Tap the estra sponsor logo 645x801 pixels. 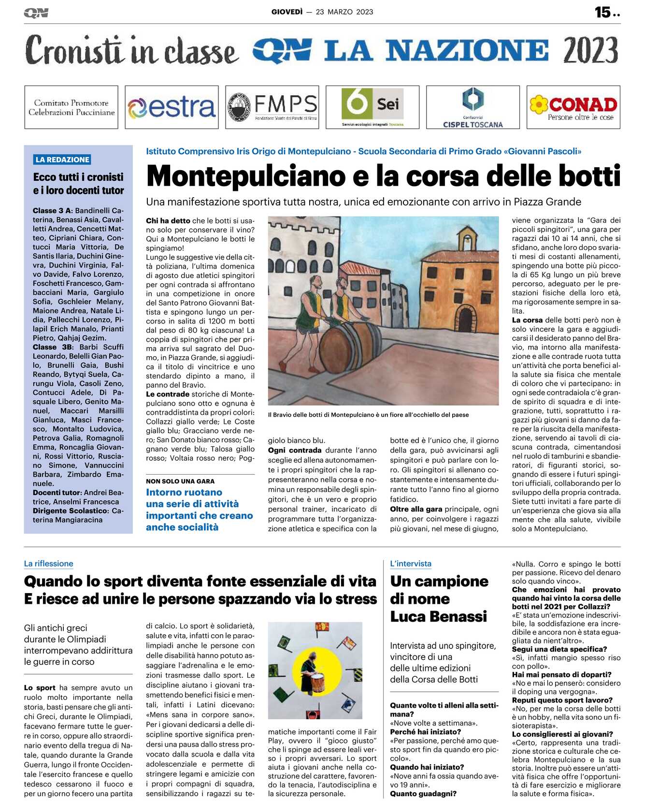click(x=172, y=107)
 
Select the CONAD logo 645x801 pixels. click(x=573, y=107)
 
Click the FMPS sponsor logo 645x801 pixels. click(x=272, y=107)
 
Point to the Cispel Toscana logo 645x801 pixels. click(x=473, y=107)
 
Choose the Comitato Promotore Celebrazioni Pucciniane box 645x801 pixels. click(x=71, y=107)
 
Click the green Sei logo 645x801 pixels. click(x=372, y=107)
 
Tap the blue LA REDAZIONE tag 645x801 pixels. click(x=62, y=160)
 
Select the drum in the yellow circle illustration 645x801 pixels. click(x=317, y=682)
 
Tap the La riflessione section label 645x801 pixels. click(x=48, y=564)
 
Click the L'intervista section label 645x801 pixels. click(x=411, y=564)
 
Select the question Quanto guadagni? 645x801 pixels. click(x=423, y=793)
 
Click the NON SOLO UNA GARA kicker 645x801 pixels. click(x=180, y=481)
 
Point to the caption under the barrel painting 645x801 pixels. click(x=368, y=415)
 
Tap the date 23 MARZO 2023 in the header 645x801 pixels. click(x=344, y=12)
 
